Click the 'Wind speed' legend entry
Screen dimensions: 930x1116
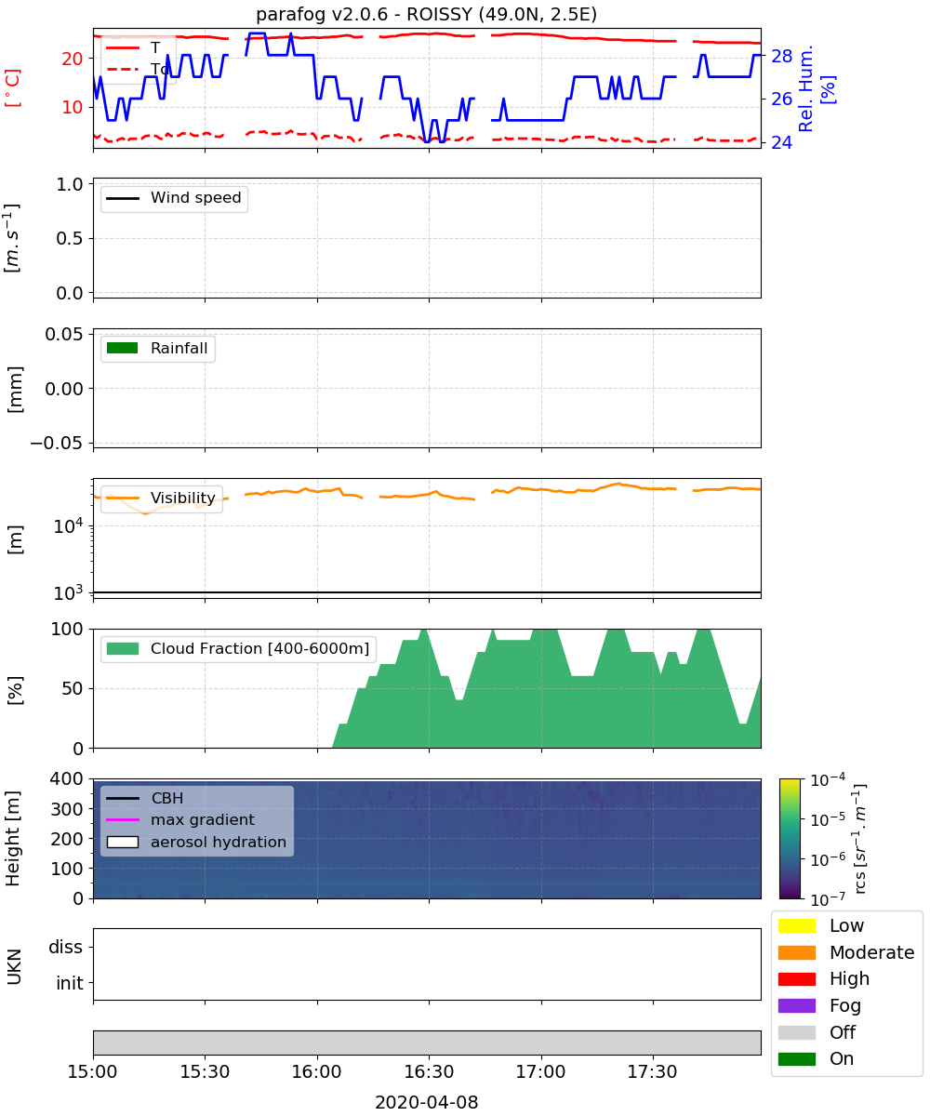coord(174,198)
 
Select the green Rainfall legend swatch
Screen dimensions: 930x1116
coord(123,348)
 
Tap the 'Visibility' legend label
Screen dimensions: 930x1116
coord(183,498)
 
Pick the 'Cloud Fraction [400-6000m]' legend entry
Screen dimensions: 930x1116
coord(238,648)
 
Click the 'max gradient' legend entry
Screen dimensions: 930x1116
coord(180,819)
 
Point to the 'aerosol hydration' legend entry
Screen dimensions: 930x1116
coord(196,842)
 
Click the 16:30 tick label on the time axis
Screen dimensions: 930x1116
coord(429,1071)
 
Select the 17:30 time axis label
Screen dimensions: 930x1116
coord(652,1071)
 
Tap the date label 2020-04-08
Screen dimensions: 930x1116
coord(427,1102)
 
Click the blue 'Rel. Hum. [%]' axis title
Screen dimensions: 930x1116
coord(817,88)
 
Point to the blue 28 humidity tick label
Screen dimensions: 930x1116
coord(781,56)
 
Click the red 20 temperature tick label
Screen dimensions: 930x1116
coord(73,59)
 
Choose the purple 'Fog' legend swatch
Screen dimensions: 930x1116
coord(796,1005)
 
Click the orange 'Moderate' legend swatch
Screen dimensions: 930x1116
coord(796,952)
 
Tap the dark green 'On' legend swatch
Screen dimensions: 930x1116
coord(796,1059)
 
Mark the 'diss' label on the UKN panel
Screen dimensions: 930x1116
coord(66,947)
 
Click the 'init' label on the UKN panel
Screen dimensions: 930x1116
coord(70,983)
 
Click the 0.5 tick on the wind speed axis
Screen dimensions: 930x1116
coord(70,238)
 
